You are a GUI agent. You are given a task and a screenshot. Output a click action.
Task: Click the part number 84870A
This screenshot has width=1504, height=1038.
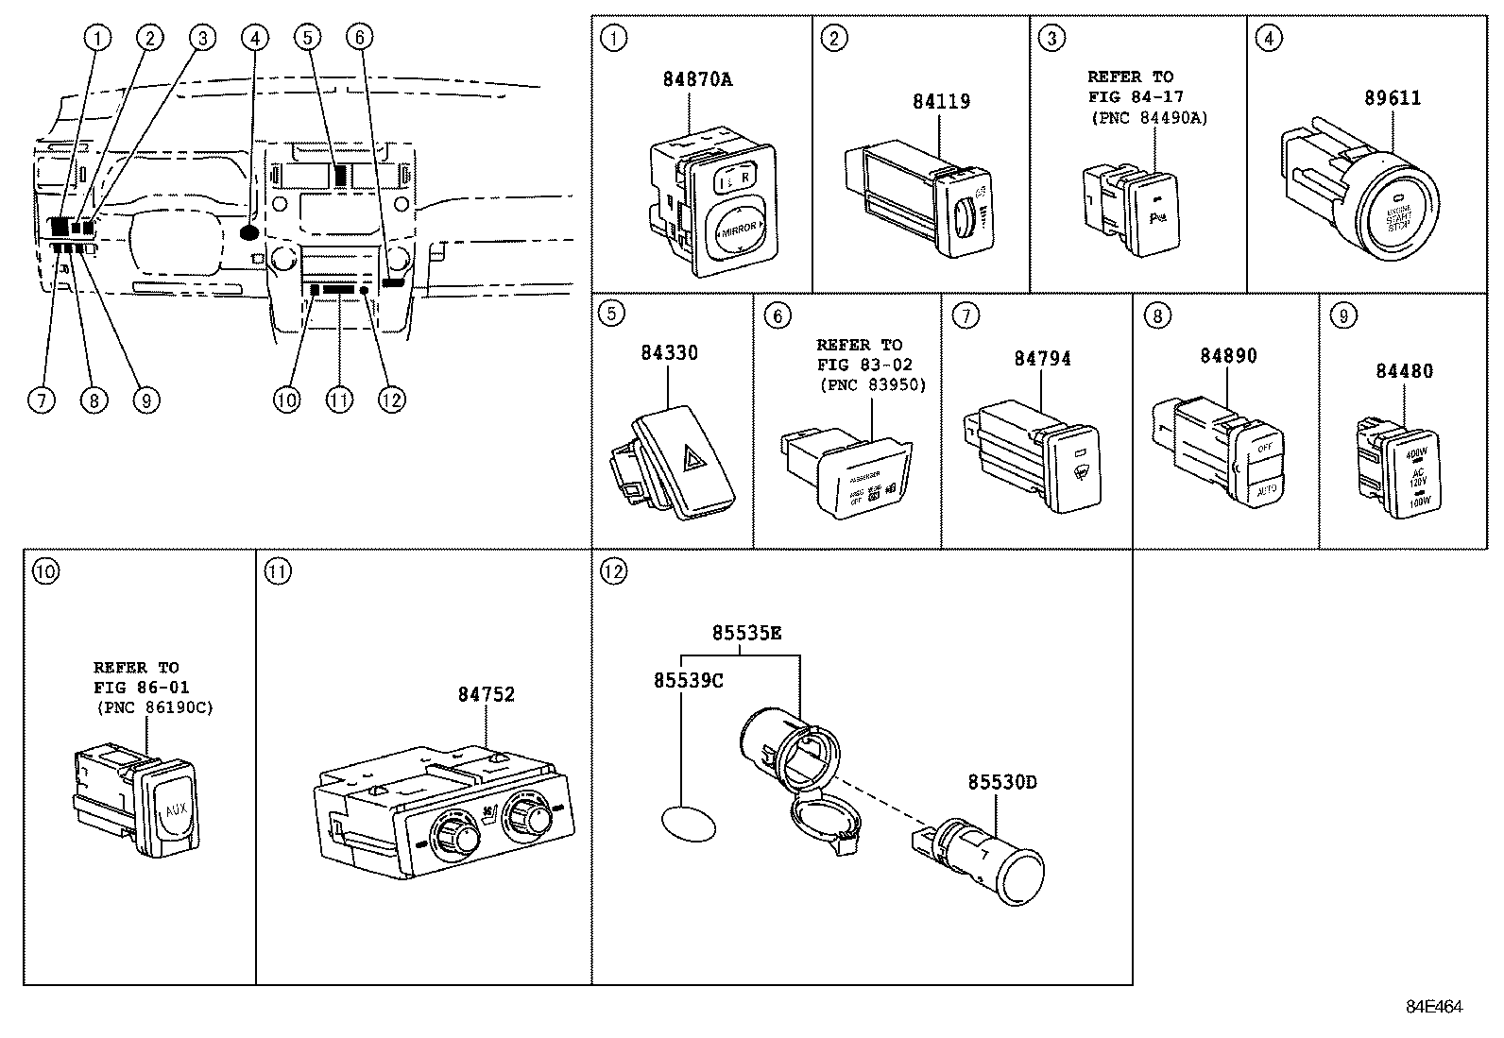[696, 79]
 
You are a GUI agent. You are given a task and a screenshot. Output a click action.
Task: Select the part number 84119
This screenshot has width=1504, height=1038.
[941, 101]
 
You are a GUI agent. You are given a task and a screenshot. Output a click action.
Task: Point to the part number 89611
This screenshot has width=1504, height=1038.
[1393, 98]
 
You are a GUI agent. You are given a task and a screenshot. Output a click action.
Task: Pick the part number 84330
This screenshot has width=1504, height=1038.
[669, 353]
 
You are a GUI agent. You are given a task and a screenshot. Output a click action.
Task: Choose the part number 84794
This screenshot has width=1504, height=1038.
[1042, 359]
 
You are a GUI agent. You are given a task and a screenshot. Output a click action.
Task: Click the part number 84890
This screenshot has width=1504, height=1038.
[1228, 356]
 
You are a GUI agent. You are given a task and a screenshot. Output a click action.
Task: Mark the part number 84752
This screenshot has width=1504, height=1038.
[487, 694]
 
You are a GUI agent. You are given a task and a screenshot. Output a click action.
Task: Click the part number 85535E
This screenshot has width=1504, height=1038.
[746, 633]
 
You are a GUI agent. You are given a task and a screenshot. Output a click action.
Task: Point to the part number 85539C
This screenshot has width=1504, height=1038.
[688, 679]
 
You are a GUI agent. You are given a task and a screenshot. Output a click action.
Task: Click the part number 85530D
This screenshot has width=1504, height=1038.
[1001, 782]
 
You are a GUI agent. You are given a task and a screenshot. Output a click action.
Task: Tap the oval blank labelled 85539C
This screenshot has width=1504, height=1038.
[687, 822]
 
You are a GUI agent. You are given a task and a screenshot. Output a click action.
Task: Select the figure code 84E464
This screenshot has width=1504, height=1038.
[1434, 1007]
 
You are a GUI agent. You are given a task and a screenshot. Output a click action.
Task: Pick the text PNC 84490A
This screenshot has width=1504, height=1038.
[1149, 118]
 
